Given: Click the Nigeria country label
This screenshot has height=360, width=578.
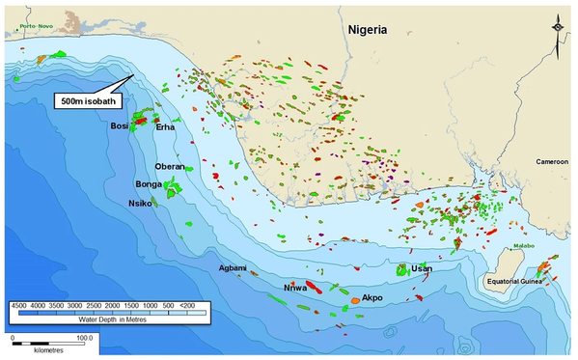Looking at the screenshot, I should tap(367, 30).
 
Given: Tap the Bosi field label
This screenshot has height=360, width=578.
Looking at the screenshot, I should tap(120, 125).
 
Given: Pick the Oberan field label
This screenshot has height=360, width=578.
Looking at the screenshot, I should tap(170, 166).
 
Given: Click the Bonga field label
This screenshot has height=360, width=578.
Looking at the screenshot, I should tap(148, 183).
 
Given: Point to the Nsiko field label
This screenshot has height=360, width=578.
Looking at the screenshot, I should tap(139, 203).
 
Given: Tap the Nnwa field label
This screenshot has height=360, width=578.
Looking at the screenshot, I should tap(293, 288).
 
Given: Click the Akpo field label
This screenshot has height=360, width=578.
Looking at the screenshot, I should tap(372, 298).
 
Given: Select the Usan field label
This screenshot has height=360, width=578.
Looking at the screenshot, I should tap(421, 268).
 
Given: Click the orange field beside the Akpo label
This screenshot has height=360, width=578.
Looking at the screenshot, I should tap(354, 301).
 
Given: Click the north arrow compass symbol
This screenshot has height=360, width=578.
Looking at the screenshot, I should tap(559, 32).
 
